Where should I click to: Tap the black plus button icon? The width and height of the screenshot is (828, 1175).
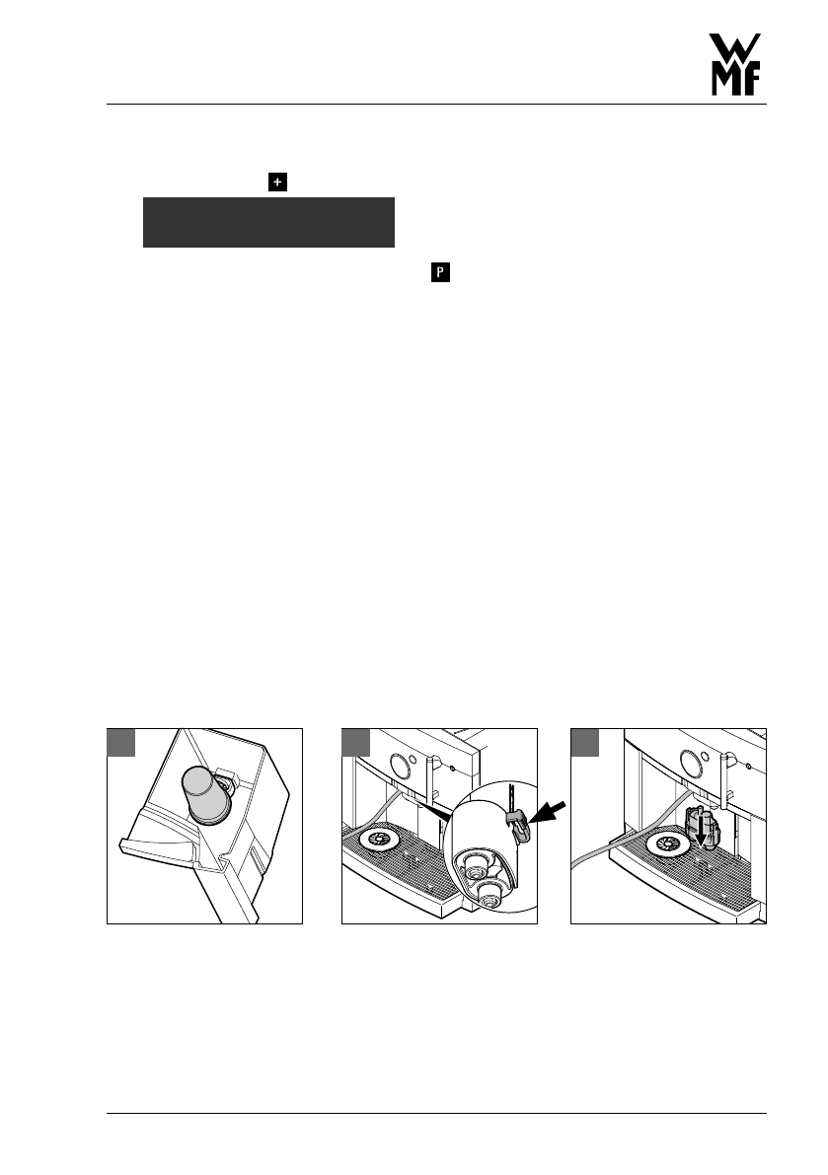[278, 182]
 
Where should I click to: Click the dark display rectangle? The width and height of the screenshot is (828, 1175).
[268, 222]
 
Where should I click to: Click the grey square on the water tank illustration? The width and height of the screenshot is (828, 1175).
[120, 743]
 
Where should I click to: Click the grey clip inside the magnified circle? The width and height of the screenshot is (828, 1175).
[520, 827]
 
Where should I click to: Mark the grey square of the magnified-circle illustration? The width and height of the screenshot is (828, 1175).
[355, 743]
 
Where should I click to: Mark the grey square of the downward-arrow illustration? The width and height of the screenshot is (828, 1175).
[585, 743]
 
